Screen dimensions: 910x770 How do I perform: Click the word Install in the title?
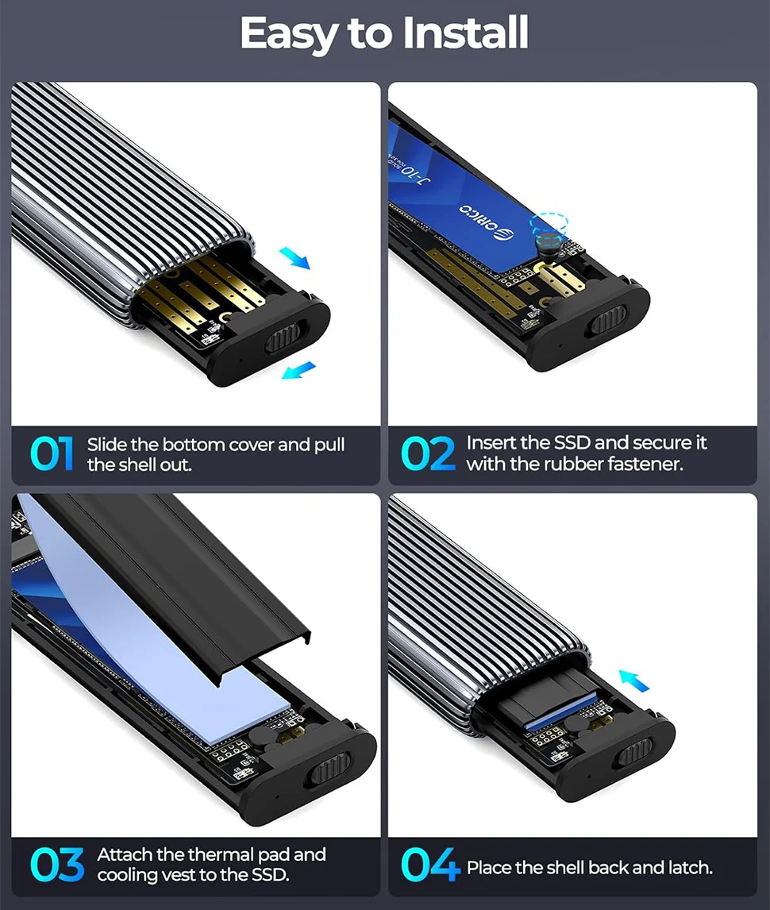[465, 33]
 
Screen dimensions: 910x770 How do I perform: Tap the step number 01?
[52, 454]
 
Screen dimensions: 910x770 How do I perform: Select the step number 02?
[428, 453]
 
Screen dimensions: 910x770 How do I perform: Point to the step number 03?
[57, 865]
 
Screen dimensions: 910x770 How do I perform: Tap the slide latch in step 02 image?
[608, 322]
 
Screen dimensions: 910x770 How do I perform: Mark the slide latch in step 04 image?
[634, 752]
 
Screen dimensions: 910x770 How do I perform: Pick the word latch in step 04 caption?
[687, 868]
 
